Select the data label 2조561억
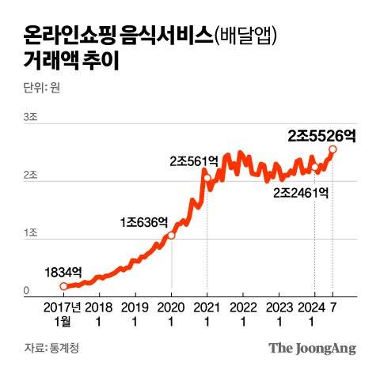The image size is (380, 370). tap(193, 160)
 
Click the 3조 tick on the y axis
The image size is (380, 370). tap(31, 117)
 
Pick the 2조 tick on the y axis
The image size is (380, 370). tap(31, 175)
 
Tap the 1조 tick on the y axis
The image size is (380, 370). tap(31, 232)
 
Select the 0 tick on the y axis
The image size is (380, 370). tap(26, 291)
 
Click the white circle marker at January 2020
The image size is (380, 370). tap(172, 235)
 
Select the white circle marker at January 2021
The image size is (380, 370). tap(207, 178)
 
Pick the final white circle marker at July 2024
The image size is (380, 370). tap(332, 149)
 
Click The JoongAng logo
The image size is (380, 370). tap(312, 348)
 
